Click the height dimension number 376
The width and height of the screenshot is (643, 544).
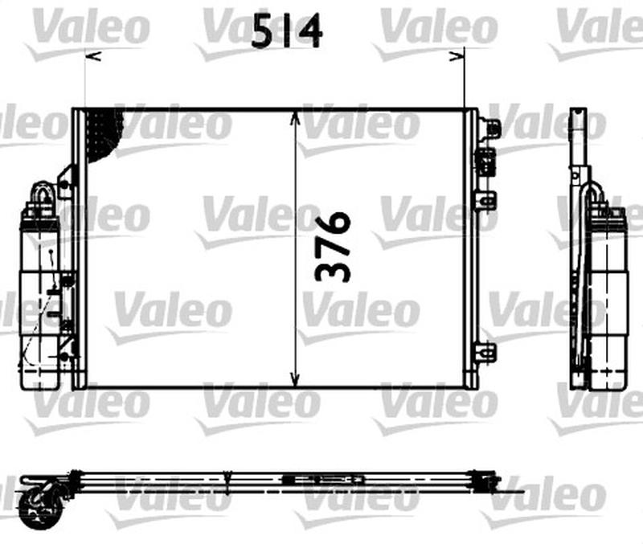pos(332,247)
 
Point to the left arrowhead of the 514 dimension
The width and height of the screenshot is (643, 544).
pos(90,56)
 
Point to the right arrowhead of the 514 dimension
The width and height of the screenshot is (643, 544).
pos(460,56)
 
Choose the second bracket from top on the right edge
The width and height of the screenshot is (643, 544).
pos(485,160)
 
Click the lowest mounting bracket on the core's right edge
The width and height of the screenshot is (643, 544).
pos(486,351)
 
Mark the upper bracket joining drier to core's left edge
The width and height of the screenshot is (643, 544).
pos(65,182)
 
